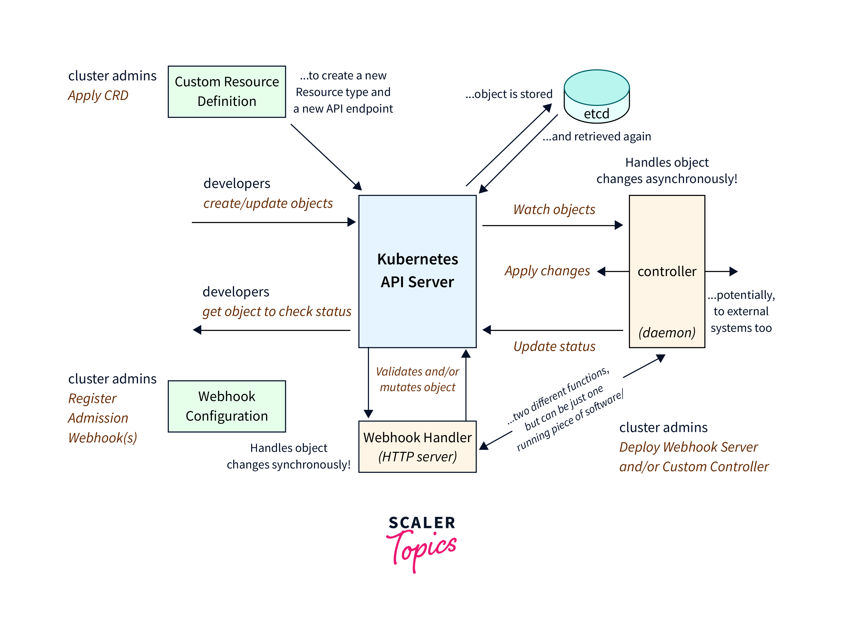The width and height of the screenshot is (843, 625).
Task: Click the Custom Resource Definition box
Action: tap(227, 92)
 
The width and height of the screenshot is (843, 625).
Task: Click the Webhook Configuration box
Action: tap(227, 406)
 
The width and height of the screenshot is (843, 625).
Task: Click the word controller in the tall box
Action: tap(667, 272)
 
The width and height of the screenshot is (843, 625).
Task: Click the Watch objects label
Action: tap(554, 210)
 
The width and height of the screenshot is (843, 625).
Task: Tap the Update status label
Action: tap(554, 346)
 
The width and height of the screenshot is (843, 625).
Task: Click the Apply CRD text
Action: tap(98, 95)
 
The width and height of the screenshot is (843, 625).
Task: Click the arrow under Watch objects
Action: tap(552, 225)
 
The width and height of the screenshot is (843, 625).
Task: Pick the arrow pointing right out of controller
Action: tap(721, 271)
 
